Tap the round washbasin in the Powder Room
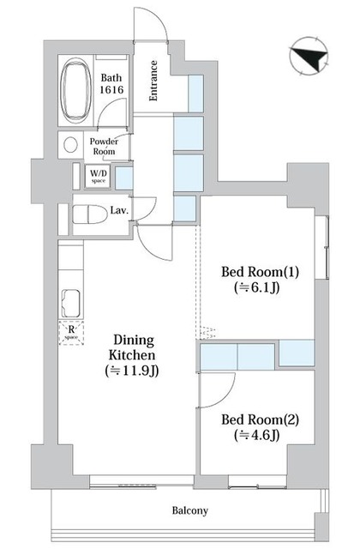(x=70, y=145)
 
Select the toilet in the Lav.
(x=89, y=214)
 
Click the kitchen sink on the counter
(x=71, y=303)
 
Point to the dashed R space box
(x=71, y=333)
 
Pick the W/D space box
(x=98, y=176)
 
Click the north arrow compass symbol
(x=309, y=56)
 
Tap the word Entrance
(x=153, y=81)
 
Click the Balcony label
(x=190, y=510)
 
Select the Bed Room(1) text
(x=260, y=272)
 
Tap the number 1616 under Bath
(x=111, y=90)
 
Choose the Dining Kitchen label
(x=132, y=347)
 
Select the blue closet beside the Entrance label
(x=196, y=94)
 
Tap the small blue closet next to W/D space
(x=123, y=178)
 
